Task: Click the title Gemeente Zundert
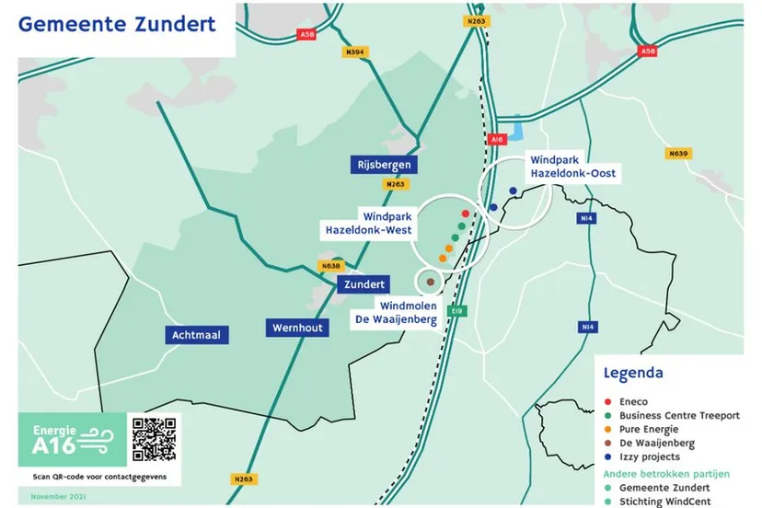point(117,25)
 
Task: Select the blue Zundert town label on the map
point(364,284)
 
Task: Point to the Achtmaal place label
point(196,335)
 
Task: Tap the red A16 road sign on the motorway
point(498,139)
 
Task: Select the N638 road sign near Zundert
point(329,266)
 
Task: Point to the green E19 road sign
point(457,312)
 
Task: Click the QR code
point(154,438)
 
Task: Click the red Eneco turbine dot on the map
point(466,214)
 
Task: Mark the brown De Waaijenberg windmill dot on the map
point(430,281)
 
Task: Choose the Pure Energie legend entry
point(649,429)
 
